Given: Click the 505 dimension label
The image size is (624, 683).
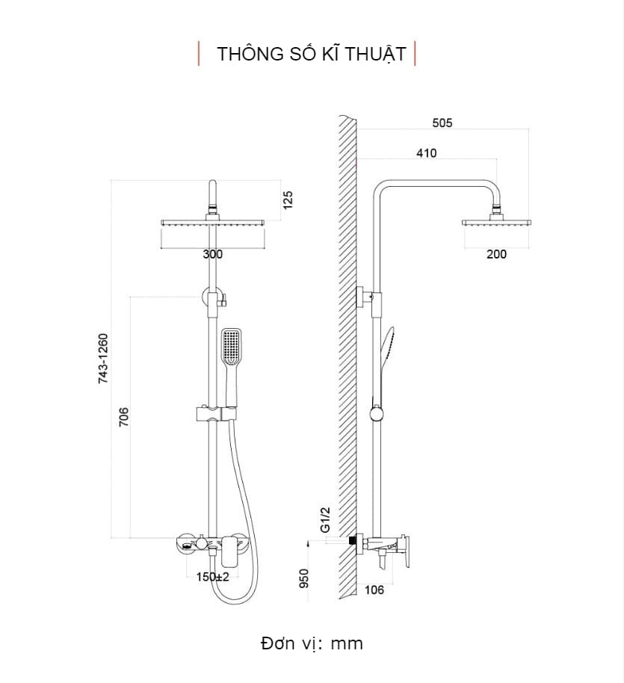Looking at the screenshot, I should click(442, 123).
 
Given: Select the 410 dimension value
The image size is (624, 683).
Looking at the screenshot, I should click(426, 153).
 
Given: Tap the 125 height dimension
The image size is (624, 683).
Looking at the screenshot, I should click(288, 200).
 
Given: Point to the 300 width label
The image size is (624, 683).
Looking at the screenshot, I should click(213, 254).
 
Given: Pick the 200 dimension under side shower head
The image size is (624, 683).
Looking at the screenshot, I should click(496, 254).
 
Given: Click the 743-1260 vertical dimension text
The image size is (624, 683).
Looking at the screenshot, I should click(104, 359).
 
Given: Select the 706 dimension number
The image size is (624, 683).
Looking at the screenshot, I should click(124, 416).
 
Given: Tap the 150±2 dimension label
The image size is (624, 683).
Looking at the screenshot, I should click(213, 577).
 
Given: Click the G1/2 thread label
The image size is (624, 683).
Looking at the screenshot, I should click(326, 518).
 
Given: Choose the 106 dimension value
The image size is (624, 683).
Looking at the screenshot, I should click(374, 590).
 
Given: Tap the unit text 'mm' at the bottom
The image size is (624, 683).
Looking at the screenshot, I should click(347, 643).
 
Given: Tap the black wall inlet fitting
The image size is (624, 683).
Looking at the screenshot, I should click(351, 540).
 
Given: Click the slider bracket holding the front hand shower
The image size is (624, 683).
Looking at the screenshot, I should click(208, 413).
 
